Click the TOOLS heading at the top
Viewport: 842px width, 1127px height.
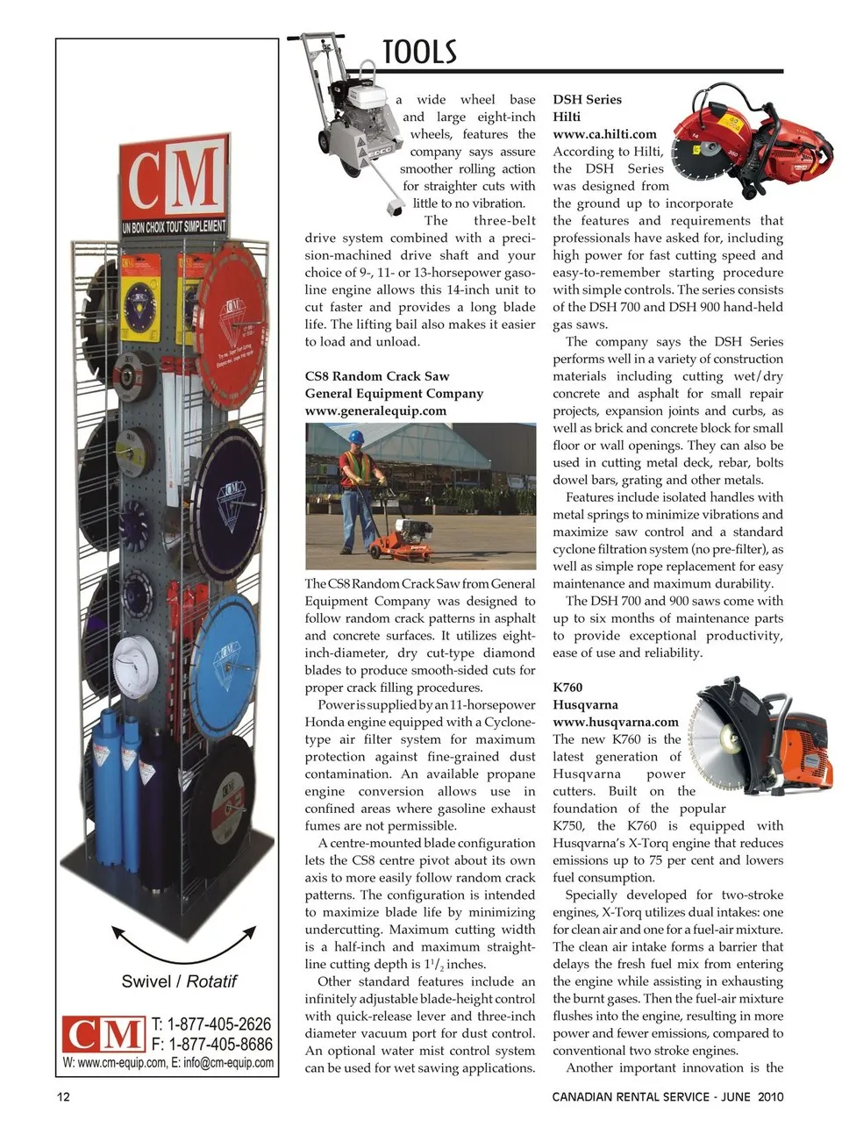(x=420, y=53)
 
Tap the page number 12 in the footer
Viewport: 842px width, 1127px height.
(x=63, y=1096)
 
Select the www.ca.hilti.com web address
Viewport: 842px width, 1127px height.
(x=604, y=134)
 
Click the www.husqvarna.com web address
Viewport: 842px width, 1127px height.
(x=615, y=722)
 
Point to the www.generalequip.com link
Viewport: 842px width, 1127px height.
(x=375, y=410)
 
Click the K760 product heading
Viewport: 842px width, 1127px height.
(x=567, y=687)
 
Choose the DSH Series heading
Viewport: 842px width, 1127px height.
(x=587, y=100)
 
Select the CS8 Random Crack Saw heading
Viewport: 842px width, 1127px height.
(x=377, y=376)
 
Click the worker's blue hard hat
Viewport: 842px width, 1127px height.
(x=356, y=436)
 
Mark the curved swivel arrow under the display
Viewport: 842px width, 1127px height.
(x=183, y=944)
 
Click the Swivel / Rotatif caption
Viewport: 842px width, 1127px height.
(x=179, y=981)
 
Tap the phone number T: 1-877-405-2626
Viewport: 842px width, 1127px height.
(x=211, y=1024)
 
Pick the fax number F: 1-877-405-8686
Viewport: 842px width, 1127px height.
(x=211, y=1044)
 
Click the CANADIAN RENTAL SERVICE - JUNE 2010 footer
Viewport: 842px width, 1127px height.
(x=667, y=1096)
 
